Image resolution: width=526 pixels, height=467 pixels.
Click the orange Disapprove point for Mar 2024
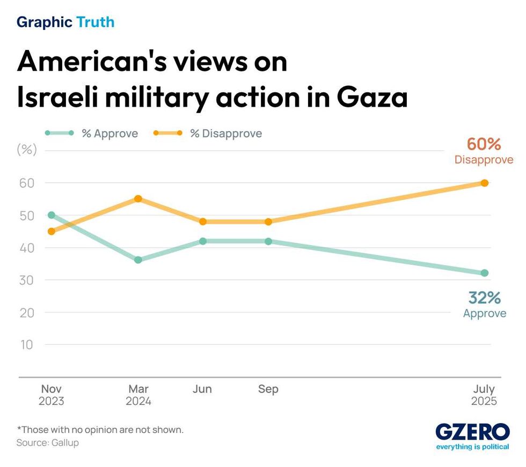138,199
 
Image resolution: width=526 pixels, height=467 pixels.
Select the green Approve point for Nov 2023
52,215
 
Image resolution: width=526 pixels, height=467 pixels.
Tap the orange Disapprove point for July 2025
484,183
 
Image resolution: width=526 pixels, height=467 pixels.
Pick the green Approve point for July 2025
484,273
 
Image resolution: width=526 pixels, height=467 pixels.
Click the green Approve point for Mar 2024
138,260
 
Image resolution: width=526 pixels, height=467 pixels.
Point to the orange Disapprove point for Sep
268,221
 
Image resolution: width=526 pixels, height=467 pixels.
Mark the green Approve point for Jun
203,241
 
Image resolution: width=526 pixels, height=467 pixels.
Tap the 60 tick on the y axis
27,183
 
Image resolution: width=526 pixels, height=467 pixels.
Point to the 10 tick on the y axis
27,344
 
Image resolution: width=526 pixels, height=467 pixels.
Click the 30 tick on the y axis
27,280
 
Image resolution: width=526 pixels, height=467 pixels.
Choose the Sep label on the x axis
268,389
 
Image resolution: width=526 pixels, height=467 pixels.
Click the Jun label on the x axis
202,389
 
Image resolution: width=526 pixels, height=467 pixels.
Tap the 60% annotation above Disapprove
484,144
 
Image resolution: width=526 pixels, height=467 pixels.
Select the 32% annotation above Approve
484,298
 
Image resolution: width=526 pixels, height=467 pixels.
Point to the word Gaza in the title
372,98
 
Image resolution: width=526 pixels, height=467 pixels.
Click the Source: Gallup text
47,443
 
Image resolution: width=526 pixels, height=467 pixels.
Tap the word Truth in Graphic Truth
96,22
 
